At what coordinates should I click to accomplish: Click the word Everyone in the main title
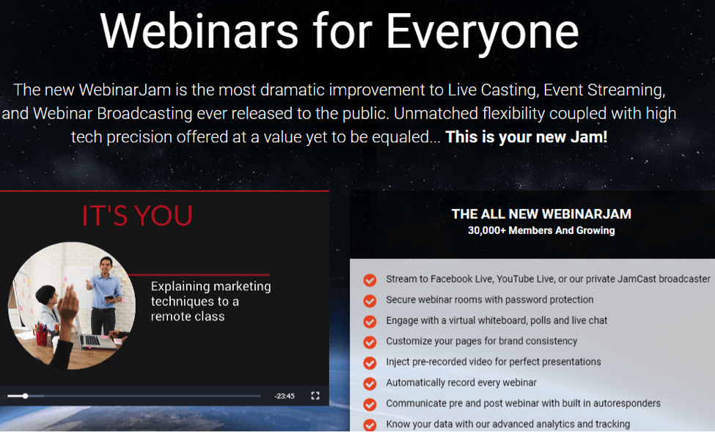483,32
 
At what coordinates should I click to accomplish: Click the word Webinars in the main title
199,30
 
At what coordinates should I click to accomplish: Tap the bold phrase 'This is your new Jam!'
527,137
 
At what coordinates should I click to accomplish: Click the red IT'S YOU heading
137,216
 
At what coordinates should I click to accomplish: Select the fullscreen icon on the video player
315,395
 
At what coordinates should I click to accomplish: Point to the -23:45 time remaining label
284,396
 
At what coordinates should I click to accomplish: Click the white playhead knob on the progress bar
26,396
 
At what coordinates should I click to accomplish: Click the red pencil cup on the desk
41,337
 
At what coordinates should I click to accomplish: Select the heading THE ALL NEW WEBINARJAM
541,214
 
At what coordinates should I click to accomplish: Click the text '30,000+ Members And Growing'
541,230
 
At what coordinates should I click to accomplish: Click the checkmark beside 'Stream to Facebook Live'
370,280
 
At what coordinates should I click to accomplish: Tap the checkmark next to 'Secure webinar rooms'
370,301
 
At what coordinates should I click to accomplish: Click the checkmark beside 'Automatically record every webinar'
370,384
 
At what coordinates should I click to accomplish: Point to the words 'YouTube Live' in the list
524,279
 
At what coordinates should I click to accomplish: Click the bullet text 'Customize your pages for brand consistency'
482,341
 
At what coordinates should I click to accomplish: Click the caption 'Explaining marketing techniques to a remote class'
210,301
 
